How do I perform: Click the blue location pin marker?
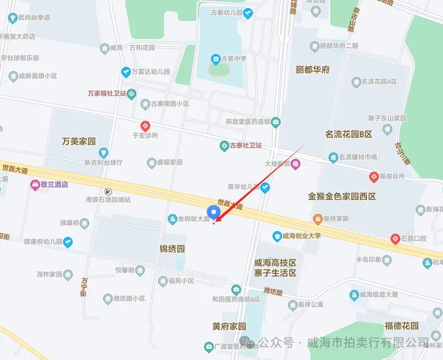214,212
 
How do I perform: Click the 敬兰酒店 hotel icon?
35,185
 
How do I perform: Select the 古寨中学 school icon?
215,58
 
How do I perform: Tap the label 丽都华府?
313,70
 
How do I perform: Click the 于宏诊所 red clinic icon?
144,126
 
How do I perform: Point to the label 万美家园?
79,142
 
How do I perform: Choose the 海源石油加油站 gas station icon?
108,191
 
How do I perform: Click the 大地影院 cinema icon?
296,163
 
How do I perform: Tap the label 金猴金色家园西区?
342,196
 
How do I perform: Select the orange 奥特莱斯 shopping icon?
317,219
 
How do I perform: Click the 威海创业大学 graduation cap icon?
277,235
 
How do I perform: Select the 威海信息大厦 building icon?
354,295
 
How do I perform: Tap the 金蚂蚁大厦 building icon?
173,218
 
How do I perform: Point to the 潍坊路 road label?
273,292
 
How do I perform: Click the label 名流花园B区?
348,134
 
